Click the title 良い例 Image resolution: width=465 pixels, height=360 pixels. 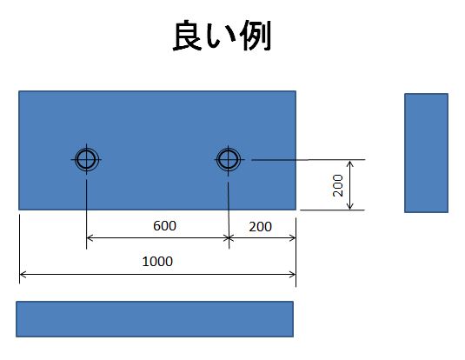tap(222, 36)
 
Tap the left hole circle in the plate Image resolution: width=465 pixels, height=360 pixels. tap(86, 151)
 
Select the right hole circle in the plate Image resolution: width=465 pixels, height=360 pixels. tap(228, 151)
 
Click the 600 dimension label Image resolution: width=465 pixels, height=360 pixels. tap(164, 226)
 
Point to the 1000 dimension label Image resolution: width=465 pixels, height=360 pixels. tap(157, 262)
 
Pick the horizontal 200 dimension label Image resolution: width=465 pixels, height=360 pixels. tap(261, 227)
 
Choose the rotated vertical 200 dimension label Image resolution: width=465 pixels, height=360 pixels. tap(338, 185)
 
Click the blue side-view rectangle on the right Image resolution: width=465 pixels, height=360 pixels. tap(426, 153)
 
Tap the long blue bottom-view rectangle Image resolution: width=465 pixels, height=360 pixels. tap(155, 319)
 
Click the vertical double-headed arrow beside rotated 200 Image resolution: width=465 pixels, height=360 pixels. tap(350, 185)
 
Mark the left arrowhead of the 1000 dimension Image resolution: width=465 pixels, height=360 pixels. tap(23, 275)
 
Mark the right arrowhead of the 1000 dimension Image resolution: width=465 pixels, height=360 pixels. tap(292, 275)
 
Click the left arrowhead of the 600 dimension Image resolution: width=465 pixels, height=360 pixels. tap(90, 237)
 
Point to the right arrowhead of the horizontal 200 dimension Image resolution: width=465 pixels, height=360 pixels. tap(292, 237)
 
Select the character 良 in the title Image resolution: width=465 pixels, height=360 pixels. tap(188, 36)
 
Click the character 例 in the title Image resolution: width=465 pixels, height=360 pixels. tap(256, 36)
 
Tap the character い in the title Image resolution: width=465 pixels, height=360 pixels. tap(222, 37)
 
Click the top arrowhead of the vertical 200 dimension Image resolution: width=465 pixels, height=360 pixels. tap(350, 163)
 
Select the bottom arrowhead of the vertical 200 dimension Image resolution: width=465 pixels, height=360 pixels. tap(350, 206)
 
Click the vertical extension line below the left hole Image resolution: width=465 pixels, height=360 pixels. tap(86, 214)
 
